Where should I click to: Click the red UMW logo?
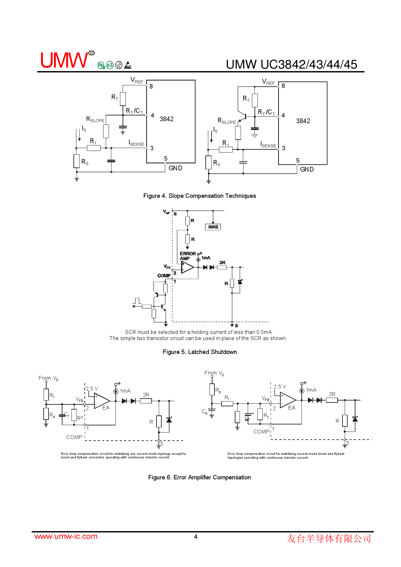click(64, 60)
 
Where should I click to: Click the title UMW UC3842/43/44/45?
click(291, 65)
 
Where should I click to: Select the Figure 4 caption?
click(200, 196)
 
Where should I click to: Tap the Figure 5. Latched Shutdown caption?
click(200, 352)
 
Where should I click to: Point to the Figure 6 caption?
click(199, 477)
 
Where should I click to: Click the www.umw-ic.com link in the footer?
click(66, 536)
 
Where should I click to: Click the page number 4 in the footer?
click(196, 537)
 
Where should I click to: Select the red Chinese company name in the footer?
click(329, 538)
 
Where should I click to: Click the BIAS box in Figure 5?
click(213, 227)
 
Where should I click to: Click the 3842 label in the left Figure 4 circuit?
click(167, 119)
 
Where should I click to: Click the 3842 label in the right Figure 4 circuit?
click(303, 121)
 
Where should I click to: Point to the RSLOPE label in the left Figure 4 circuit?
click(95, 119)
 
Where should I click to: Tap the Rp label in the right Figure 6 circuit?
click(218, 390)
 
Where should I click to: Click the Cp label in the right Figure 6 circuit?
click(205, 412)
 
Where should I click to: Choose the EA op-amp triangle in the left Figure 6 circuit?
click(101, 401)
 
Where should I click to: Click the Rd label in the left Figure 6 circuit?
click(52, 415)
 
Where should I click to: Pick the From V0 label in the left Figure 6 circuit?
click(48, 378)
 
